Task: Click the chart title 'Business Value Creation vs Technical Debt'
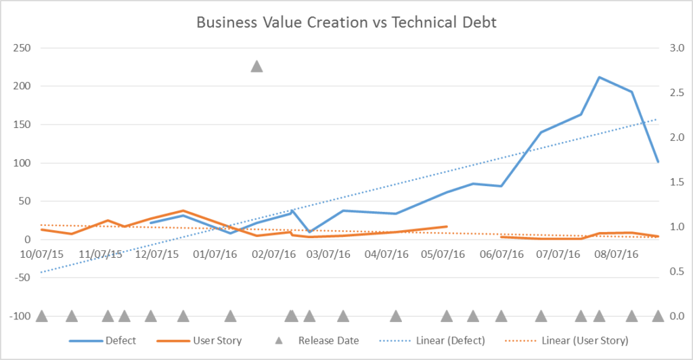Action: (346, 22)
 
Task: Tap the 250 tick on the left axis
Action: (23, 48)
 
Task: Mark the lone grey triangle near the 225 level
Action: (256, 66)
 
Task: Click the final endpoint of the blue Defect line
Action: (658, 162)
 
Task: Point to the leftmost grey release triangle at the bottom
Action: (41, 316)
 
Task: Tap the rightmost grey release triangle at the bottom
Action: (658, 316)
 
